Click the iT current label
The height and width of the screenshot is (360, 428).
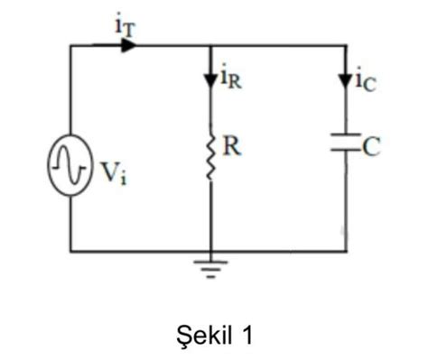(126, 24)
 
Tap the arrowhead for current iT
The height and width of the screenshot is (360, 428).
(127, 45)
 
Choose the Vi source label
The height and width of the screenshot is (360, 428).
(113, 171)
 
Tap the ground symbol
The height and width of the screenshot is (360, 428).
(211, 266)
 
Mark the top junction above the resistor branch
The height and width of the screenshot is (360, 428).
(211, 45)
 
